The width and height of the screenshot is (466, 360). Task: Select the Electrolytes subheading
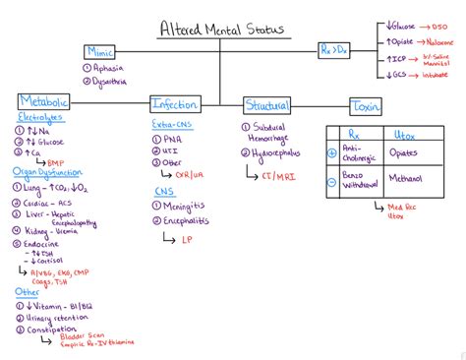[40, 118]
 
